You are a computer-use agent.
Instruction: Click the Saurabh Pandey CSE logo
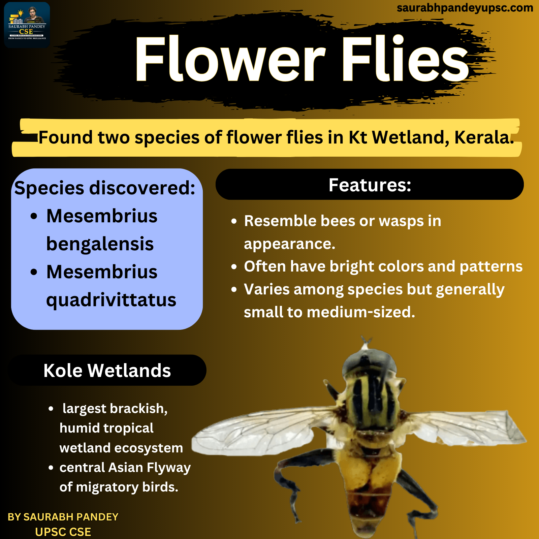[x=27, y=25]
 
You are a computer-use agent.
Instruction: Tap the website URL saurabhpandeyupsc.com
[x=465, y=8]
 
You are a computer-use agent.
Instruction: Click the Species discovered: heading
[x=105, y=188]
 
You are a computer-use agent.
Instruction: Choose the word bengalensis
[x=100, y=244]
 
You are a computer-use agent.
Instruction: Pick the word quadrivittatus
[x=111, y=299]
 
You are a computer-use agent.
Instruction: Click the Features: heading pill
[x=370, y=184]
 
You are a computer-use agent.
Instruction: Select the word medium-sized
[x=361, y=312]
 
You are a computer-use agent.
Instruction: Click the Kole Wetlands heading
[x=107, y=370]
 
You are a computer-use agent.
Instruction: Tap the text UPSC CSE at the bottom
[x=63, y=532]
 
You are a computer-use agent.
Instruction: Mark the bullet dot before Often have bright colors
[x=234, y=267]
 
